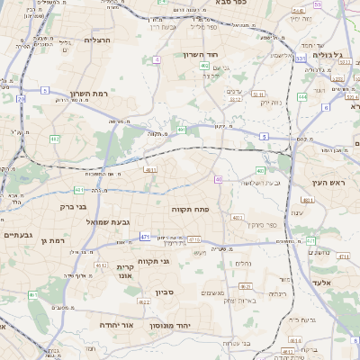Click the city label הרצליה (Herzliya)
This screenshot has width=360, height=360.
(x=96, y=40)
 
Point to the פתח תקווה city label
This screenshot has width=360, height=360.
(x=190, y=208)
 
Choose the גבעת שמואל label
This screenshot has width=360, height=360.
(x=109, y=221)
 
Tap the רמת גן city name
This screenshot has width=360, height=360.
(x=56, y=240)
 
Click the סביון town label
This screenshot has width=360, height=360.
(x=164, y=292)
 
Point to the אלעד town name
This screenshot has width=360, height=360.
(x=322, y=283)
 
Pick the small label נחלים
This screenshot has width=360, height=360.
(x=243, y=263)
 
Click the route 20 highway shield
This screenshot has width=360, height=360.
(x=21, y=99)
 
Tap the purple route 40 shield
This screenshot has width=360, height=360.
(x=219, y=179)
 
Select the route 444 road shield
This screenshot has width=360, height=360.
(x=302, y=95)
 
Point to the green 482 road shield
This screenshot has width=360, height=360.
(x=54, y=139)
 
